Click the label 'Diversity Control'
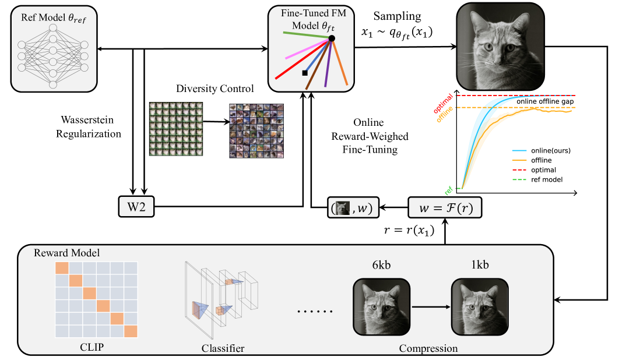click(x=215, y=89)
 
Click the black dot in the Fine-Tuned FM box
click(x=331, y=38)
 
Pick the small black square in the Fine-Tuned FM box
click(x=304, y=73)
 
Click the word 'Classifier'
click(x=222, y=348)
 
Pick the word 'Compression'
click(x=428, y=348)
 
